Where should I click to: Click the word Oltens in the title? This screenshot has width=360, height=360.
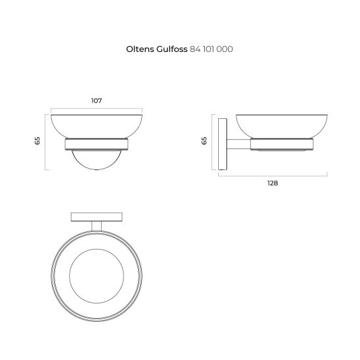140,49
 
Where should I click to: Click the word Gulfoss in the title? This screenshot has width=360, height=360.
172,49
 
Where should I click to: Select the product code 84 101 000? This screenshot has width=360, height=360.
212,49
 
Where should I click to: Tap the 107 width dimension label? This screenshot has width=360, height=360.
97,101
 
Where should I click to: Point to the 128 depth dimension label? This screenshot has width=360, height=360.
273,183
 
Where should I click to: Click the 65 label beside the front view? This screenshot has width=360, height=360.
37,141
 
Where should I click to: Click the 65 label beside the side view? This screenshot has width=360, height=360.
204,141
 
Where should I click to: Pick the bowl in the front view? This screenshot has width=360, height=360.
97,126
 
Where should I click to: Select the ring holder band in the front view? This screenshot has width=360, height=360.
97,144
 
